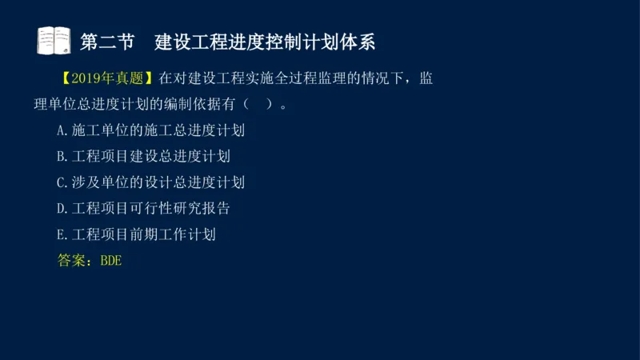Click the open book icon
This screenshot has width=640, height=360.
(x=54, y=40)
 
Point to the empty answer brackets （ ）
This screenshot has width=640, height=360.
(x=258, y=105)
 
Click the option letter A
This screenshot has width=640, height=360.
(x=62, y=130)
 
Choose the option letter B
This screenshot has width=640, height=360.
(x=62, y=157)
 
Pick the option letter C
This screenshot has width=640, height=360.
(x=62, y=182)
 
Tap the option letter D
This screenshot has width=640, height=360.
(x=62, y=209)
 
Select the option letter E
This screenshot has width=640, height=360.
(x=62, y=235)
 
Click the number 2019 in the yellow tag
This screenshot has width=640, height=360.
(x=87, y=79)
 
